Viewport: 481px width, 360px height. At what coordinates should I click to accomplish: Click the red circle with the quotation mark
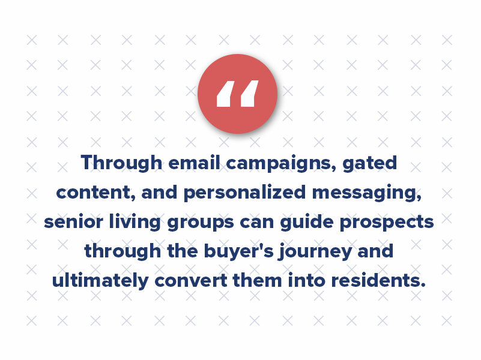[x=237, y=94]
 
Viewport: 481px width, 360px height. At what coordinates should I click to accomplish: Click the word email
[x=186, y=163]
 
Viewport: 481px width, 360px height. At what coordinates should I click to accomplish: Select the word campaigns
[x=271, y=164]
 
